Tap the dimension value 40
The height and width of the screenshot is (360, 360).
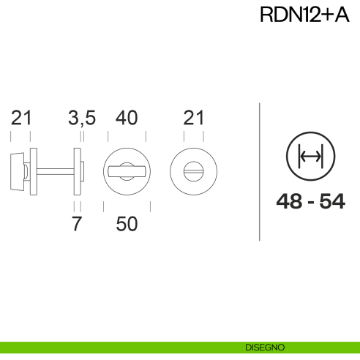pyautogui.click(x=127, y=118)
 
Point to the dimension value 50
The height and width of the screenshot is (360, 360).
pyautogui.click(x=127, y=225)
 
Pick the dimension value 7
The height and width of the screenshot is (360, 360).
pyautogui.click(x=77, y=225)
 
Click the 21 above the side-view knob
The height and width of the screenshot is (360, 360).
pyautogui.click(x=21, y=118)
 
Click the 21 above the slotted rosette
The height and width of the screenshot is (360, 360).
pyautogui.click(x=193, y=118)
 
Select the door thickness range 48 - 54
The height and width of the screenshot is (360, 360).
pyautogui.click(x=311, y=202)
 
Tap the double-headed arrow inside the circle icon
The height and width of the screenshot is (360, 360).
pyautogui.click(x=311, y=157)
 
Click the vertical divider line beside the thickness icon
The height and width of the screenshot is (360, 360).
pyautogui.click(x=260, y=171)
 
